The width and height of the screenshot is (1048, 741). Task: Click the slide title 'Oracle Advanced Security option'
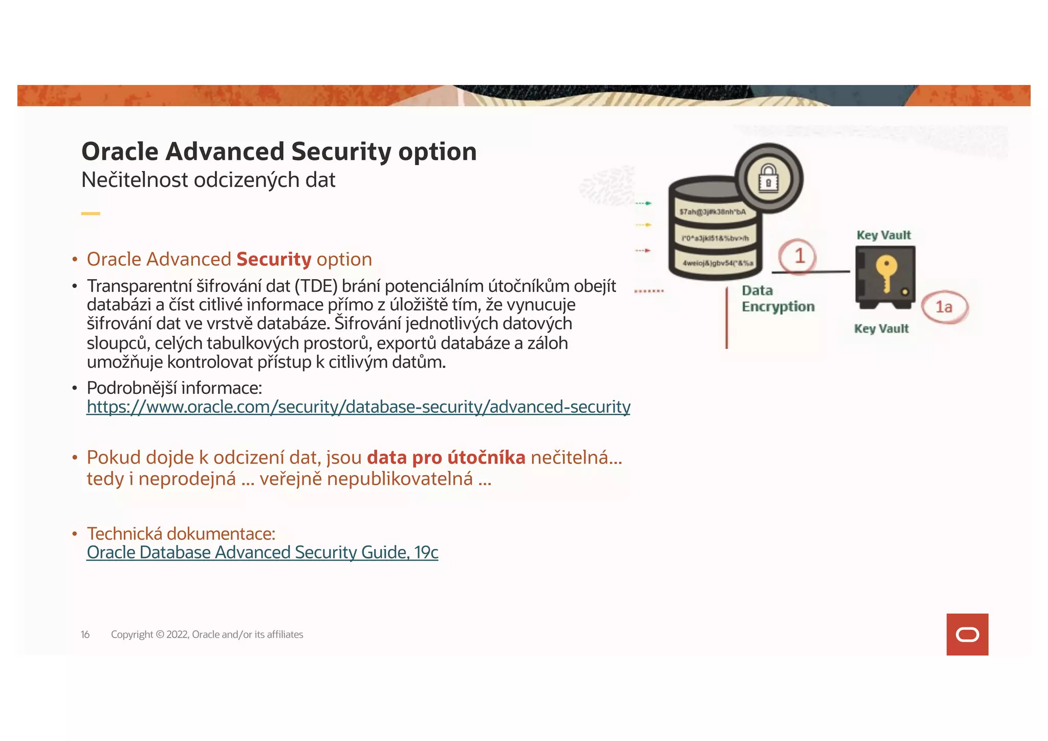tap(279, 152)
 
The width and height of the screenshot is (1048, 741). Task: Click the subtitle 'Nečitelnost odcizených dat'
tap(208, 180)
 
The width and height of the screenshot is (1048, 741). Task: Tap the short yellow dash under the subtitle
tap(91, 214)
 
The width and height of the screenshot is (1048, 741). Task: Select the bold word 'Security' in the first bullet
tap(274, 260)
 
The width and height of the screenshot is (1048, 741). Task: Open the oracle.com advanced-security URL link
tap(358, 407)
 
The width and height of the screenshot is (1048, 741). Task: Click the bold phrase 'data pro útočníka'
tap(446, 458)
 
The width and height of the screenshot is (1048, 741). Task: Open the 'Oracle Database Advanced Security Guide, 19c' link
tap(263, 553)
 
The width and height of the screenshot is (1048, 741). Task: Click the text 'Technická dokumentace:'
tap(181, 534)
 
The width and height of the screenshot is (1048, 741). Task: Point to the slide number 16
tap(85, 635)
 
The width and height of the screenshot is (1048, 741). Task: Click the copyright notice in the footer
tap(207, 635)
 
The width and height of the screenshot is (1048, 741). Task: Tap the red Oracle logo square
tap(967, 634)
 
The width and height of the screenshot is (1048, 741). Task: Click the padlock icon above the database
tap(768, 178)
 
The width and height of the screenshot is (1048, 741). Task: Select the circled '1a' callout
tap(944, 307)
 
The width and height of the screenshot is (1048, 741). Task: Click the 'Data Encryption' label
tap(778, 299)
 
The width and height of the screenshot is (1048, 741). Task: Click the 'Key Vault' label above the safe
tap(884, 236)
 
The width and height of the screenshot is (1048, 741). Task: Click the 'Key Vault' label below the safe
tap(881, 329)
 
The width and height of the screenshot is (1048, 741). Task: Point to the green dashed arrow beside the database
tap(643, 204)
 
